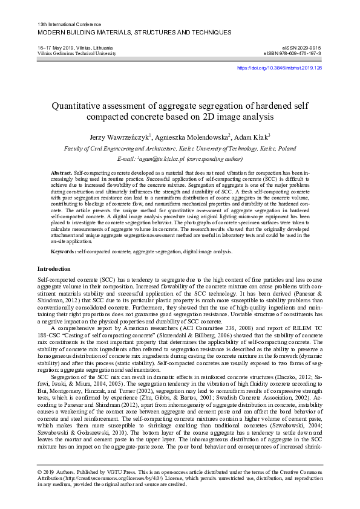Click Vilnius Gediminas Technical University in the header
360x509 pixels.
77,53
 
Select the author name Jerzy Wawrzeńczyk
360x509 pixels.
119,137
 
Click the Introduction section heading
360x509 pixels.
54,268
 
